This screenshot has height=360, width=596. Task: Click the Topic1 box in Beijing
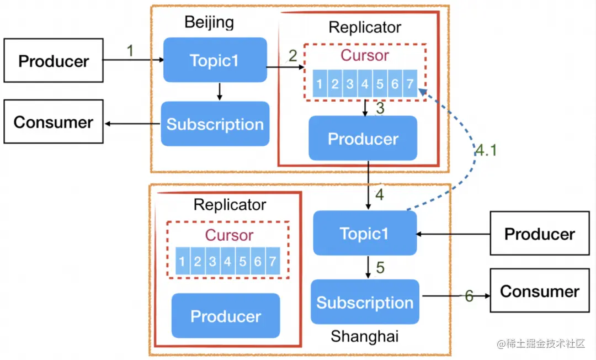point(215,60)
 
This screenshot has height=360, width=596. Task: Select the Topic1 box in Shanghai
point(365,233)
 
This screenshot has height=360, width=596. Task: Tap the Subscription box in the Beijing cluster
point(215,124)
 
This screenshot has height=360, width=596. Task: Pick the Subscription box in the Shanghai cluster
point(365,302)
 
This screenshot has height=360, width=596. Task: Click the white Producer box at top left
point(54,60)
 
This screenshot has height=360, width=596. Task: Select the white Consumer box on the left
point(54,121)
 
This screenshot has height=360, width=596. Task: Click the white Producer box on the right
point(539,234)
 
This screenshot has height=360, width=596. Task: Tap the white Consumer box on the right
point(539,292)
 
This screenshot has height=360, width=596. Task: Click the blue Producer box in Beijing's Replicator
point(363,138)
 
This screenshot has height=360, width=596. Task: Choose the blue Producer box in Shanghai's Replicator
point(226,316)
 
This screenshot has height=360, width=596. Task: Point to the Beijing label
point(209,22)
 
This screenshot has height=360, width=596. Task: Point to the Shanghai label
point(364,336)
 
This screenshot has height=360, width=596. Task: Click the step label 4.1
point(486,151)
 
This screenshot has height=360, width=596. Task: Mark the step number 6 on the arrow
point(469,296)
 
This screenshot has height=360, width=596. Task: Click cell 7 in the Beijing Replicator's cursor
point(409,84)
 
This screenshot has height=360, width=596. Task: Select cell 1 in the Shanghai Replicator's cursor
point(182,262)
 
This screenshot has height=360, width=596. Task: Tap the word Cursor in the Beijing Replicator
point(364,55)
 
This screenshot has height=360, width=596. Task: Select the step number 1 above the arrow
point(130,51)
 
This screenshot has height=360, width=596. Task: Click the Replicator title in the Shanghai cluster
point(230,205)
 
